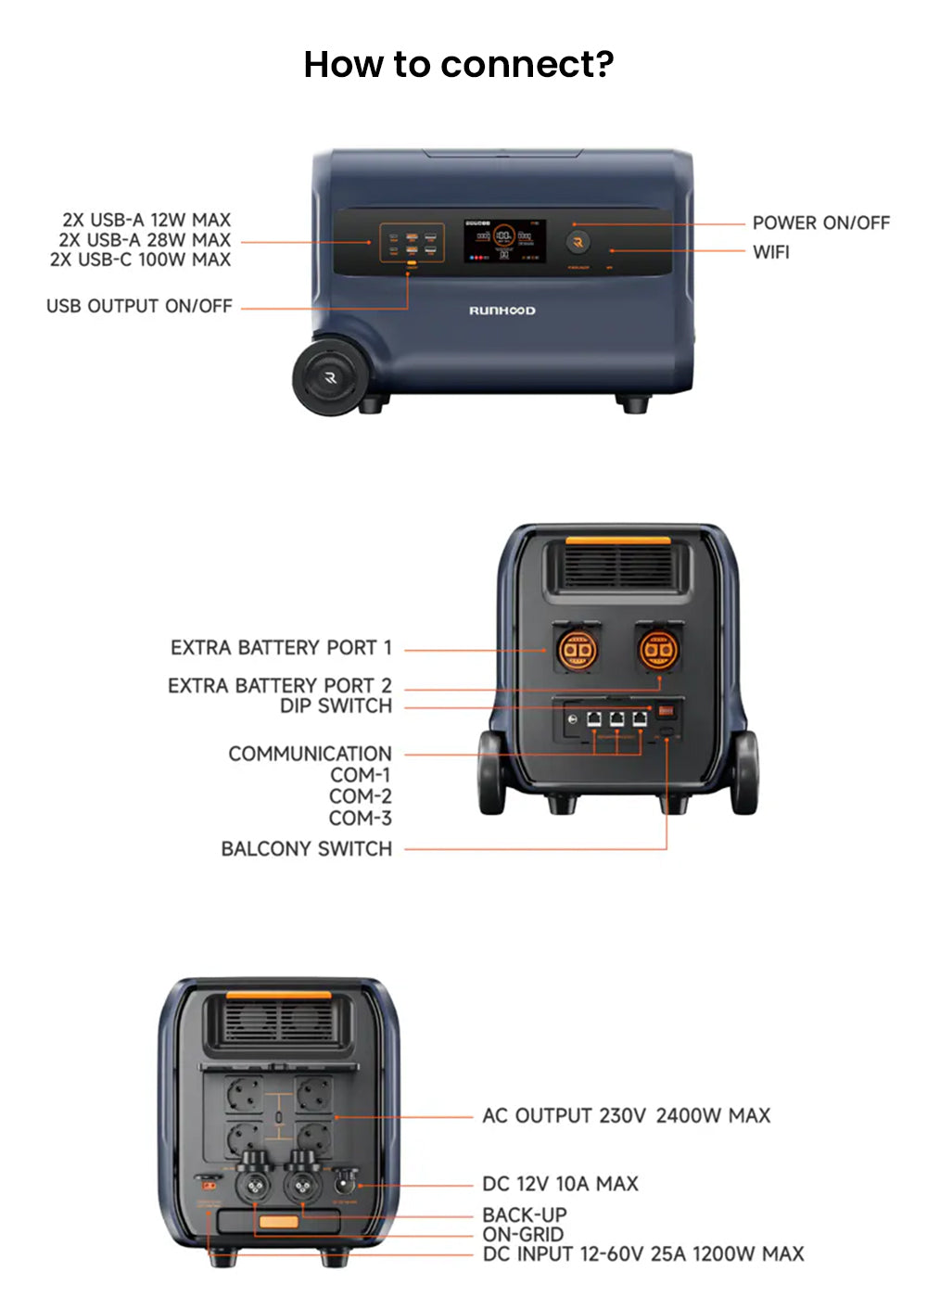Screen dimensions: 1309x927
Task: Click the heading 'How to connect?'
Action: pos(459,65)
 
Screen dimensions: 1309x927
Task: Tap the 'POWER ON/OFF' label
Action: pos(820,223)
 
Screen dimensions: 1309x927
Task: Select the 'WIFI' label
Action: pos(770,252)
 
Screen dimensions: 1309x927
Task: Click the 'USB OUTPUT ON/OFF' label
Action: pos(139,307)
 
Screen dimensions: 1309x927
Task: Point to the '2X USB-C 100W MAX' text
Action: pos(140,261)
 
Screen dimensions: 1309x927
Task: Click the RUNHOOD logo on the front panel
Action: pos(502,311)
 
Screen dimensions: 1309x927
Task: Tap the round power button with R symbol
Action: pos(578,243)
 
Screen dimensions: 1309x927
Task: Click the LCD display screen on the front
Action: pos(503,241)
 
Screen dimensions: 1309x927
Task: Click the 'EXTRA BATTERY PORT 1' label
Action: pos(281,648)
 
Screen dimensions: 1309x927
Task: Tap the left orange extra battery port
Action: pos(576,650)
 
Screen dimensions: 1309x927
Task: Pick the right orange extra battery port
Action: pos(658,650)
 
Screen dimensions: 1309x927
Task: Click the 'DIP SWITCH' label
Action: pos(336,706)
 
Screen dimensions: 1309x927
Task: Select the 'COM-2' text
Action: pos(360,796)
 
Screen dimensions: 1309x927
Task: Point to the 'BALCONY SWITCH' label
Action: pos(306,849)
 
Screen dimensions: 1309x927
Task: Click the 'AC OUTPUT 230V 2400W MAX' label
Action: pos(626,1116)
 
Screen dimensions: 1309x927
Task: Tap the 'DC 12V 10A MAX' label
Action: pos(560,1184)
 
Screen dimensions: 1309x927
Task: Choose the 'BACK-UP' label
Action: pos(524,1214)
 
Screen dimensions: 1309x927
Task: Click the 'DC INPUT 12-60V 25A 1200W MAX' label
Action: pos(643,1254)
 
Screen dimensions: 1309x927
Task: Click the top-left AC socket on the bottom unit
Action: pos(245,1096)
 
